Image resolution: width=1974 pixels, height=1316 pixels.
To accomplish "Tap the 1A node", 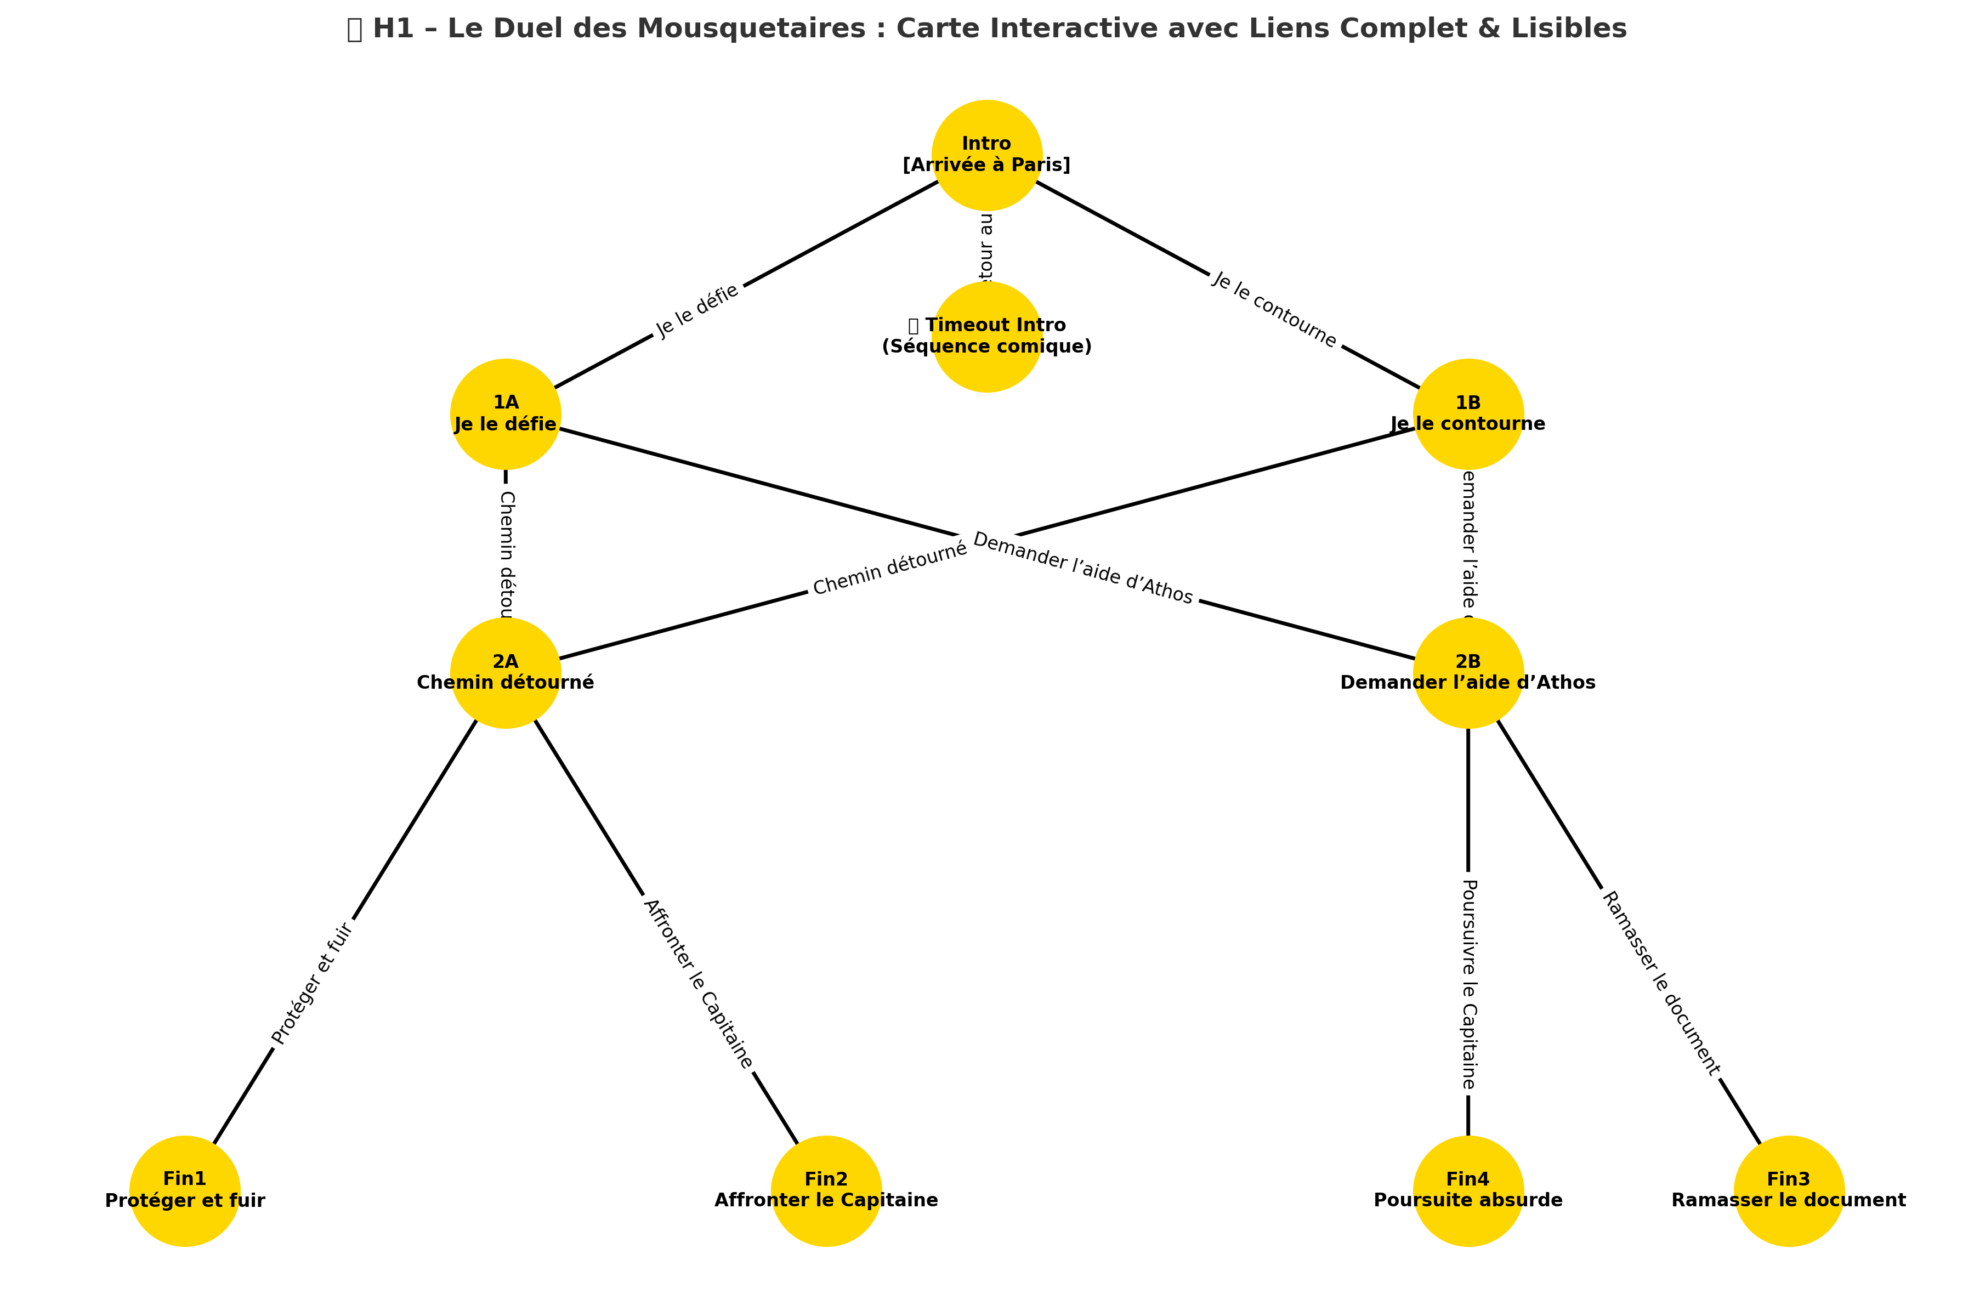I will click(505, 414).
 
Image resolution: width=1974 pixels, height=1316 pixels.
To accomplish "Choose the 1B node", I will click(1468, 414).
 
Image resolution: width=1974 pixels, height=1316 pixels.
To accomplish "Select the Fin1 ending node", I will click(185, 1190).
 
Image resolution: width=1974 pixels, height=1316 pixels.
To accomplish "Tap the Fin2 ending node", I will click(826, 1190).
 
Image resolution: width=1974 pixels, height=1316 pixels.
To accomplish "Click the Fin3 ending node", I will click(1789, 1190).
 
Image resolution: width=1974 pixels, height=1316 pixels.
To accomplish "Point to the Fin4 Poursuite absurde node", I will click(1468, 1190).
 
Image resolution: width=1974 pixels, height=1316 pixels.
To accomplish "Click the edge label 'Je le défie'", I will click(697, 310).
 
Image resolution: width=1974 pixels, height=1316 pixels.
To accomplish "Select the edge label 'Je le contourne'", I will click(1274, 310).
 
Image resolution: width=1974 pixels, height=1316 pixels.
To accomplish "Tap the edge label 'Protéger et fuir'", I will click(312, 984).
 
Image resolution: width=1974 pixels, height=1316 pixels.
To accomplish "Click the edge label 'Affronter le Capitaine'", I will click(697, 984).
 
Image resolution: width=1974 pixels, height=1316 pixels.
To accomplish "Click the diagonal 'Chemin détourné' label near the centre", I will click(889, 568).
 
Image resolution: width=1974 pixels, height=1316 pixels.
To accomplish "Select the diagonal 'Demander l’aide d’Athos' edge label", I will click(1082, 568).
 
